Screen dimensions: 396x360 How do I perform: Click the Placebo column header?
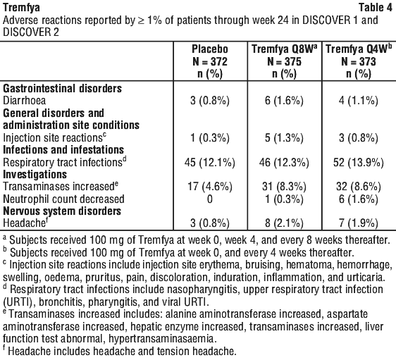[x=210, y=61]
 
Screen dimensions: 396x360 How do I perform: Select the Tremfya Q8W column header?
[x=285, y=61]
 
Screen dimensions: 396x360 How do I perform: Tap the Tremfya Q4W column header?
[x=359, y=61]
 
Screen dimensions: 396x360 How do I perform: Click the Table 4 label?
[x=376, y=8]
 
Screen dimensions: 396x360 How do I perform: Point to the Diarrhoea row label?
[x=24, y=101]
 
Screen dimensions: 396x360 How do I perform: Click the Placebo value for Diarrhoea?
[x=210, y=101]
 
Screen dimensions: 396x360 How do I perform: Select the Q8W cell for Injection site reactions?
[x=284, y=138]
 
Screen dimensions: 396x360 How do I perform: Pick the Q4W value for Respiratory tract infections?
[x=359, y=162]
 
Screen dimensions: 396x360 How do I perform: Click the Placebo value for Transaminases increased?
[x=210, y=187]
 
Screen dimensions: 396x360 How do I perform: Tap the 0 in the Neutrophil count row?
[x=210, y=199]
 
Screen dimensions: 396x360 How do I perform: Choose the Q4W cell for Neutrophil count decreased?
[x=359, y=199]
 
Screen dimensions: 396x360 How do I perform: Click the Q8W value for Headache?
[x=284, y=223]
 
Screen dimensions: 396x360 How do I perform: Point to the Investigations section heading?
[x=35, y=175]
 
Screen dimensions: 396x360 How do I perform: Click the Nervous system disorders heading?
[x=62, y=211]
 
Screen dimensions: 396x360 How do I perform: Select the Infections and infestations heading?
[x=63, y=150]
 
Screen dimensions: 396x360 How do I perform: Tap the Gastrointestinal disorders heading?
[x=63, y=89]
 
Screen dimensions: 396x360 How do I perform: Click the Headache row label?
[x=25, y=223]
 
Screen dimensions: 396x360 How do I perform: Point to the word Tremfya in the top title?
[x=21, y=8]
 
